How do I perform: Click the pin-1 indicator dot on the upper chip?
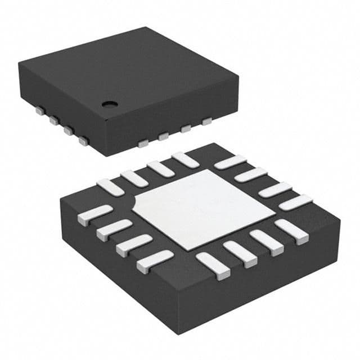pos(108,103)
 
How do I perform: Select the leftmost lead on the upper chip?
pos(39,111)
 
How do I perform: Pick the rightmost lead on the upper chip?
pos(207,120)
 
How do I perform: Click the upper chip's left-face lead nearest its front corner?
pos(83,141)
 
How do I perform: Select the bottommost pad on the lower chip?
pos(213,265)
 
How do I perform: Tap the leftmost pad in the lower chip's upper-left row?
pos(110,186)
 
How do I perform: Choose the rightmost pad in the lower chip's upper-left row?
pos(185,160)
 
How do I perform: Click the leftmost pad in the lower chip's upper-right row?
pos(230,162)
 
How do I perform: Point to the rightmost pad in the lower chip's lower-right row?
pos(291,231)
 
